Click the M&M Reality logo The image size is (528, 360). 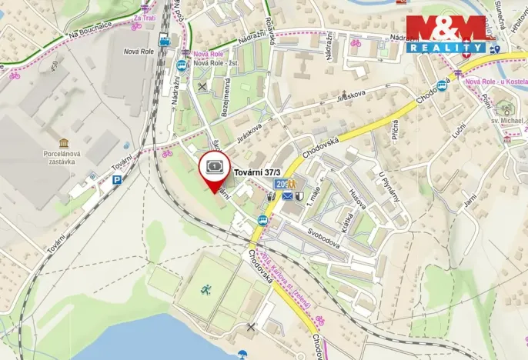tap(446, 34)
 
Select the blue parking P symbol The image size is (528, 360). tap(117, 180)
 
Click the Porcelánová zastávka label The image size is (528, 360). tap(63, 158)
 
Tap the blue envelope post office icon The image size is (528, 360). tap(286, 197)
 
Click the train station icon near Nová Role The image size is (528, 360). tap(165, 42)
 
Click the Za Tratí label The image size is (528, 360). tap(143, 17)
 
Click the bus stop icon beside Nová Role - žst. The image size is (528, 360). tap(181, 65)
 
